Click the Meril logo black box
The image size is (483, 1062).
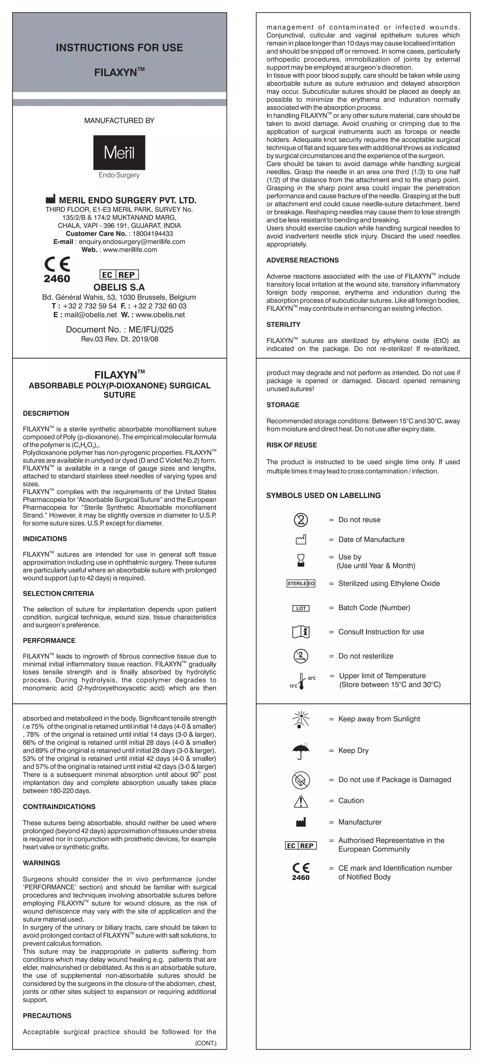119,153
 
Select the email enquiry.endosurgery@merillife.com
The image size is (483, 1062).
132,242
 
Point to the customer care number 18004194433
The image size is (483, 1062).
153,233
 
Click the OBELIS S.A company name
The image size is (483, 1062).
119,287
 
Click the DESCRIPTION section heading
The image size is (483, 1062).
46,414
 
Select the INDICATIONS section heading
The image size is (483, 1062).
45,539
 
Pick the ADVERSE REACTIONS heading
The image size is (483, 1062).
303,260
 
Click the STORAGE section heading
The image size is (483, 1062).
283,405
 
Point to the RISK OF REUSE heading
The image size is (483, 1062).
291,445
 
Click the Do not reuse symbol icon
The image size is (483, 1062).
301,520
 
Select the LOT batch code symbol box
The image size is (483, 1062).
301,608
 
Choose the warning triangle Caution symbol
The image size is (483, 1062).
301,801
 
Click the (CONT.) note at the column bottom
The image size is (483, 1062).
205,1043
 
